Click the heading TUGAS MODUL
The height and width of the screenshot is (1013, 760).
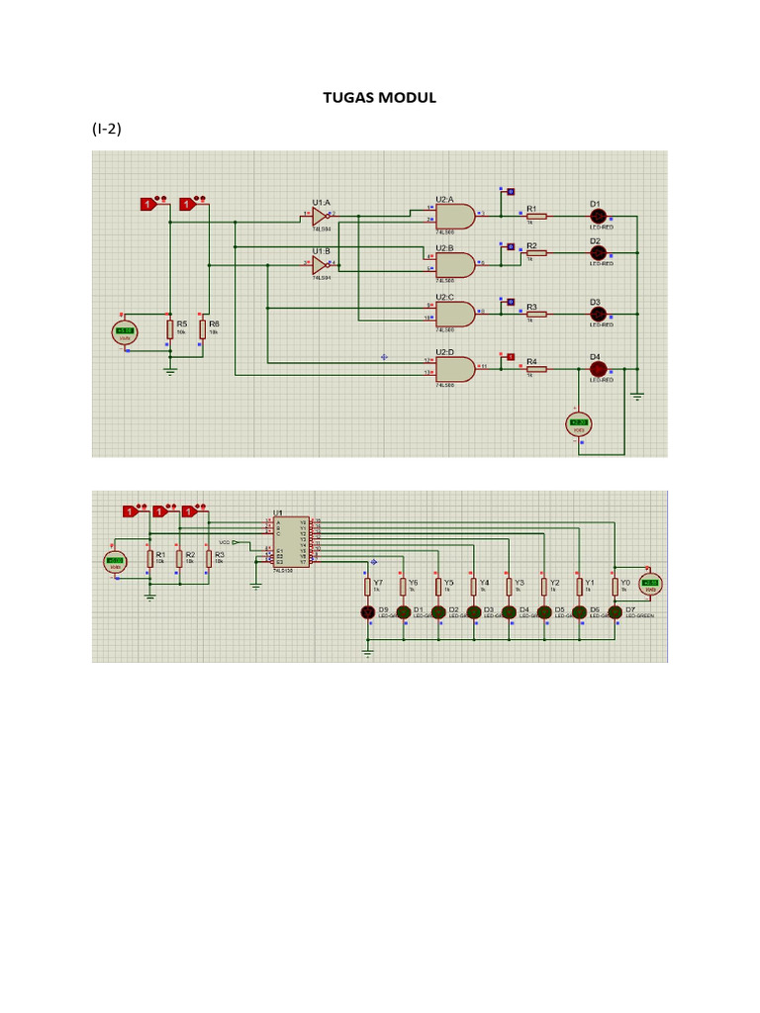(380, 98)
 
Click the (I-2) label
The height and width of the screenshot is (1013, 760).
(107, 129)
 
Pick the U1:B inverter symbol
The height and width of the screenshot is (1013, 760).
(319, 264)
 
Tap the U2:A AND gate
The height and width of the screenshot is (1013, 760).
(455, 215)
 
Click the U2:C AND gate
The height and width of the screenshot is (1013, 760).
(455, 314)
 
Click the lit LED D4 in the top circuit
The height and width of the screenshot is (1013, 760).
(597, 368)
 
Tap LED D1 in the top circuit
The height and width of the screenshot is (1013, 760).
(597, 216)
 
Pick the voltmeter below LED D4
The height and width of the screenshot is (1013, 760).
(578, 424)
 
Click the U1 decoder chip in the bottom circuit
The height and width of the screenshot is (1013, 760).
(291, 542)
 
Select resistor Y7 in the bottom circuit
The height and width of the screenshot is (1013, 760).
(368, 588)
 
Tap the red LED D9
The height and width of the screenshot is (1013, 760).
(368, 613)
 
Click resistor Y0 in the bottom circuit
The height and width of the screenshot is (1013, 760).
(615, 588)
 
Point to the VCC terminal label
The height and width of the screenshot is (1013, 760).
(225, 542)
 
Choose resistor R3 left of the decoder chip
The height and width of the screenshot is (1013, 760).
(209, 560)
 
